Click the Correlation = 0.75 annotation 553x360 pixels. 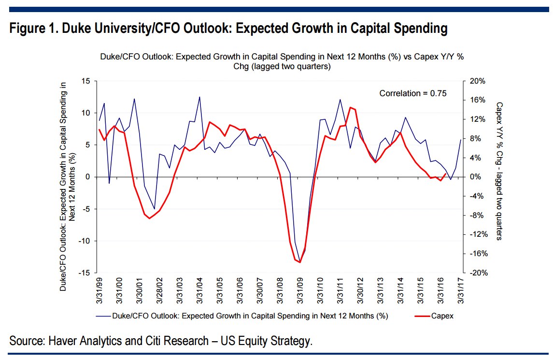(x=412, y=93)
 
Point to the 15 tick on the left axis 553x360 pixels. (x=86, y=81)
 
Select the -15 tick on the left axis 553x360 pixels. (x=85, y=273)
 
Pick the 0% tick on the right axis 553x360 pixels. (x=473, y=177)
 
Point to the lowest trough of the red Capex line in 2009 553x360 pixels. (x=300, y=262)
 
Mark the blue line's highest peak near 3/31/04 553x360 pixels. (x=199, y=97)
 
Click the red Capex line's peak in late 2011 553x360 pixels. (x=350, y=107)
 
